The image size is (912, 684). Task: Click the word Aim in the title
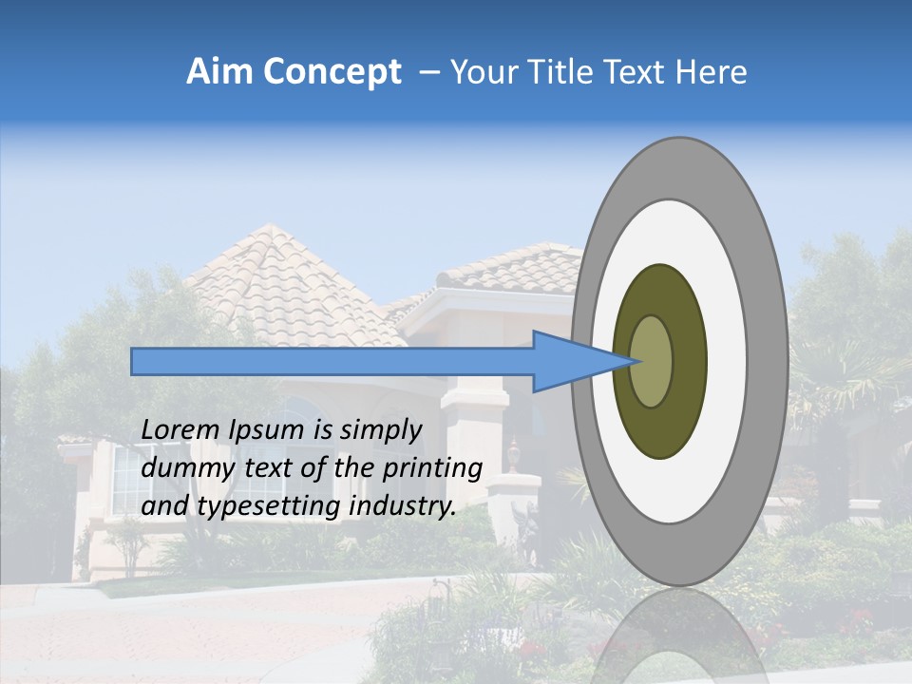click(219, 72)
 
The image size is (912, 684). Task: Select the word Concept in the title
click(332, 73)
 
